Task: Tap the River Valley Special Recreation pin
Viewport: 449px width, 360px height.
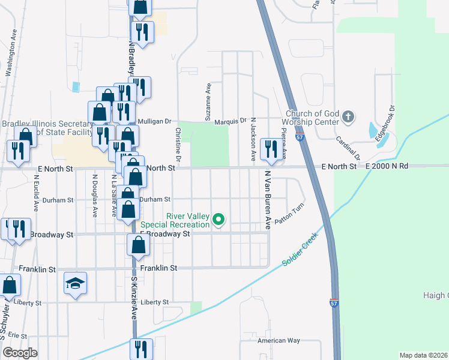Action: (219, 220)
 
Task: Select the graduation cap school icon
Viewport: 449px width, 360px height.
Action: (76, 283)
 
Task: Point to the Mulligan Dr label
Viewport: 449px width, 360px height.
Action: (155, 120)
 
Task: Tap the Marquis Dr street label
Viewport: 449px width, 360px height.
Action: (231, 120)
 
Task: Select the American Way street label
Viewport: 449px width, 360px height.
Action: (278, 341)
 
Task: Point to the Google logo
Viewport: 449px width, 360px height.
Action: (20, 353)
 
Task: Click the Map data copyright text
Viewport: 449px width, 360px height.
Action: (423, 355)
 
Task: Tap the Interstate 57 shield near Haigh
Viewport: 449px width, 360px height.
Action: (334, 303)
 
